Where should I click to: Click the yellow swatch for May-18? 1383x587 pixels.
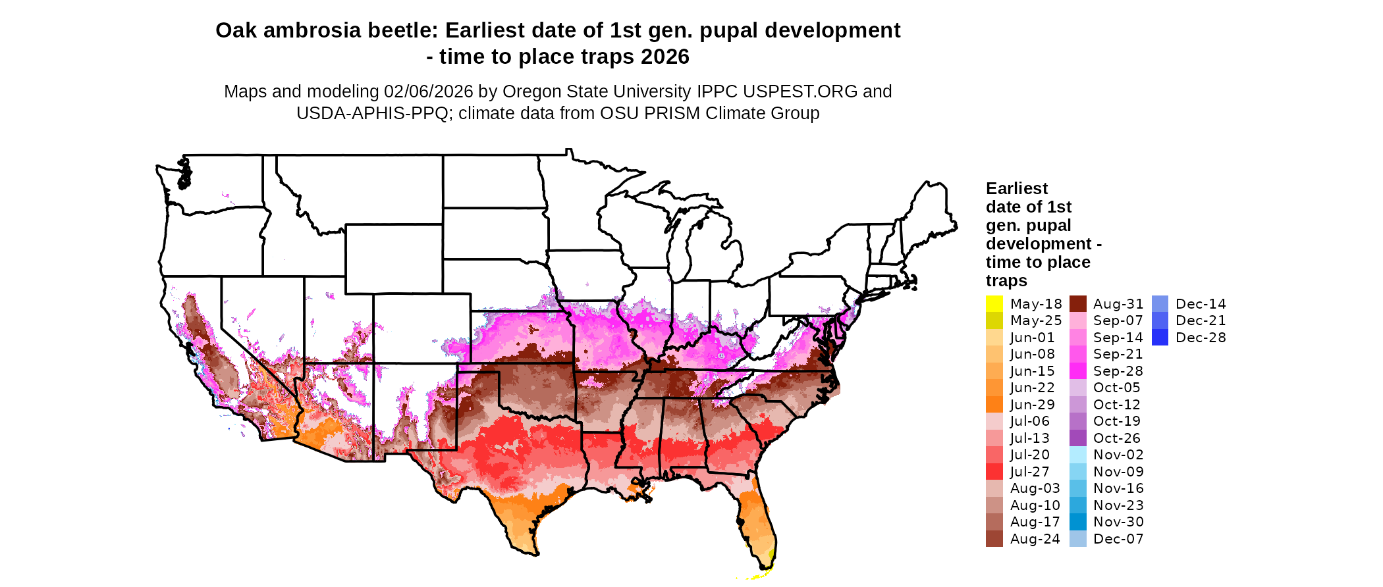tap(994, 304)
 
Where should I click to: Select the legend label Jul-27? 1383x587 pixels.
tap(1029, 472)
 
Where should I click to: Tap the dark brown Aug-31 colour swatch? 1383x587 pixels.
tap(1078, 304)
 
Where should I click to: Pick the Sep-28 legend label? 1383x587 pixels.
tap(1118, 371)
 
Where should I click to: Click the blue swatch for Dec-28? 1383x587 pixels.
tap(1160, 338)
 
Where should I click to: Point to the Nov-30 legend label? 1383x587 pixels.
tap(1118, 522)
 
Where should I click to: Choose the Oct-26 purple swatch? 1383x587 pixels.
tap(1078, 438)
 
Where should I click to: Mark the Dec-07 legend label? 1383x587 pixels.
tap(1118, 539)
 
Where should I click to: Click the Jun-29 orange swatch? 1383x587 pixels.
tap(994, 405)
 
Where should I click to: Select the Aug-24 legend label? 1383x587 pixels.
tap(1035, 539)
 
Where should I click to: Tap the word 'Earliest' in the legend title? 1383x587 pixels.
tap(1016, 189)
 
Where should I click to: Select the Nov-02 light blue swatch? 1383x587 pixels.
tap(1078, 455)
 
